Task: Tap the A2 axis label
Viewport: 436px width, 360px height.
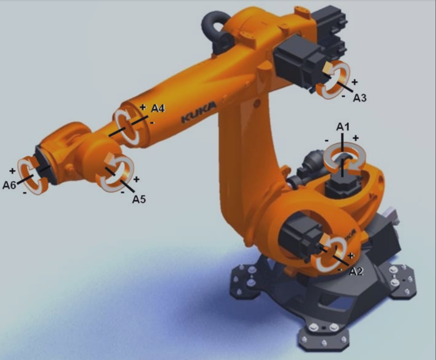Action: (x=356, y=272)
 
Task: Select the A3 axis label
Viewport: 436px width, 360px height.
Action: (x=360, y=98)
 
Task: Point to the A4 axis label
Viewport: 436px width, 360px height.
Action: (x=158, y=108)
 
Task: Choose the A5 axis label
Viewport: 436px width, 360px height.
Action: (x=139, y=199)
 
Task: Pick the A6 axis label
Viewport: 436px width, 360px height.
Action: (x=9, y=185)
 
